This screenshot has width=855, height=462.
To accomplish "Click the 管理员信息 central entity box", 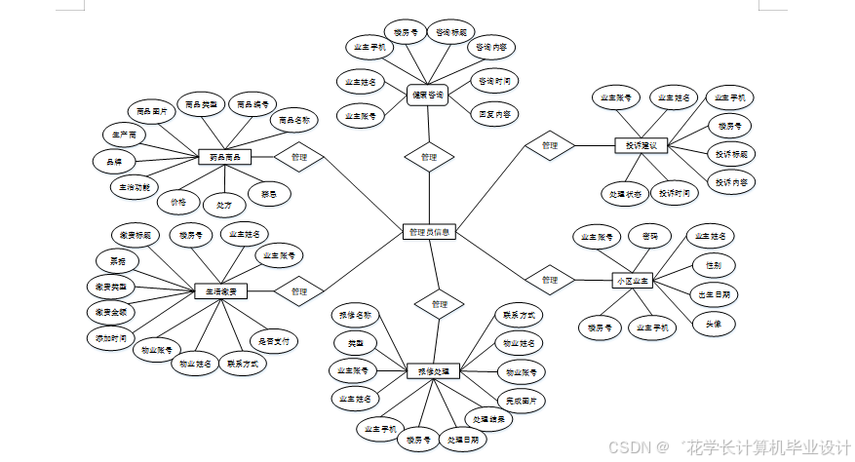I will (x=429, y=232).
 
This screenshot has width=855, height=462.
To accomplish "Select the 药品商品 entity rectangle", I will (x=224, y=156).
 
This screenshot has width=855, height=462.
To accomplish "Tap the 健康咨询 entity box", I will (x=427, y=95).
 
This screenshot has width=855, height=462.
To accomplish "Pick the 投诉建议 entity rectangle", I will (x=640, y=146).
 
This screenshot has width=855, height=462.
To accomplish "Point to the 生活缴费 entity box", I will (x=220, y=290).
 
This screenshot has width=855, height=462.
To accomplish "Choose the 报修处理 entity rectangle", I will (x=433, y=371).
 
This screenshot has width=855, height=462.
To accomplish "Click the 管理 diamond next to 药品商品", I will (x=298, y=156).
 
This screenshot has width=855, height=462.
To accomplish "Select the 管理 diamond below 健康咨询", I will (x=429, y=157).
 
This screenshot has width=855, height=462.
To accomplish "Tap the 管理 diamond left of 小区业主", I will (x=549, y=280).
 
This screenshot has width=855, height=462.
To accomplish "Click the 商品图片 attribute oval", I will (x=152, y=112).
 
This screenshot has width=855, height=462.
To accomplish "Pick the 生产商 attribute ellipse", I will (x=125, y=134).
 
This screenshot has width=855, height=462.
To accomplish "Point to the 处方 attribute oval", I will (x=224, y=205).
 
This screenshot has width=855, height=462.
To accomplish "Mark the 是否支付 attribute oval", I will (x=274, y=342).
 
